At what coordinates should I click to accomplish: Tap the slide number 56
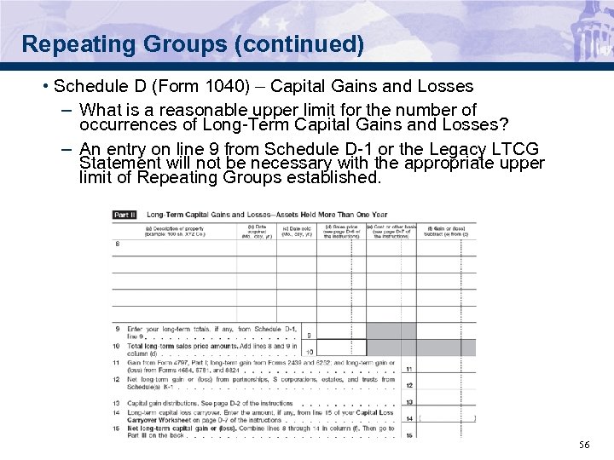[x=584, y=445]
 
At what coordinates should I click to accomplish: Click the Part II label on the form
[x=124, y=215]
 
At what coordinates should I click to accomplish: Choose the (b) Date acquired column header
[x=258, y=230]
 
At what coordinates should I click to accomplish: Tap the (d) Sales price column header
[x=341, y=230]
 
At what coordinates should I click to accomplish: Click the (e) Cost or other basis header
[x=391, y=230]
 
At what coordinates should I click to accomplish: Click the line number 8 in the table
[x=117, y=244]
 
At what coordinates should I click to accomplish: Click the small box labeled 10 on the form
[x=309, y=351]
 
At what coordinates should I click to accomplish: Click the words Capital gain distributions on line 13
[x=162, y=402]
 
